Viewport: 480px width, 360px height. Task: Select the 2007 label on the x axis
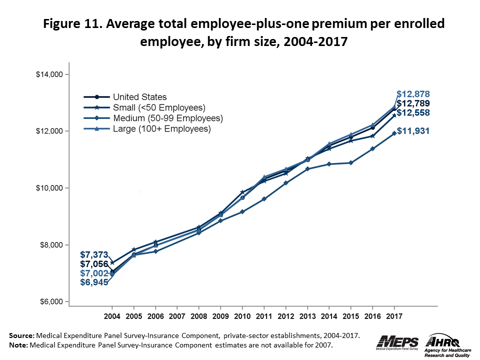tap(177, 317)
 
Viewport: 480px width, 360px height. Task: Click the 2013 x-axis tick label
tap(307, 317)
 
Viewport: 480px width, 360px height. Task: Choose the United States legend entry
tap(139, 97)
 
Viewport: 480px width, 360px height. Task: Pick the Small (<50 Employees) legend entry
tap(159, 107)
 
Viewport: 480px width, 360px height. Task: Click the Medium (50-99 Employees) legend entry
tap(167, 118)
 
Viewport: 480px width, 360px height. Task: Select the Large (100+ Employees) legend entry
tap(161, 129)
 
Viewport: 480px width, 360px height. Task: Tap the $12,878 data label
tap(413, 94)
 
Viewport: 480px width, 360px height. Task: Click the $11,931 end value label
tap(413, 131)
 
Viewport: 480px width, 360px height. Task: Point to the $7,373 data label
tap(94, 255)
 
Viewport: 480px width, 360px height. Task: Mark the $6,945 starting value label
tap(94, 283)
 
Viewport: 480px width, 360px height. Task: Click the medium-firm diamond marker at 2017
tap(394, 133)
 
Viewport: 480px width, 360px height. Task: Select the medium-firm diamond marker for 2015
tap(350, 162)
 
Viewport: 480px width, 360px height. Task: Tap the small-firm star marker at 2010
tap(242, 192)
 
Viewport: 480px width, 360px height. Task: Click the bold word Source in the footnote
tap(21, 335)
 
